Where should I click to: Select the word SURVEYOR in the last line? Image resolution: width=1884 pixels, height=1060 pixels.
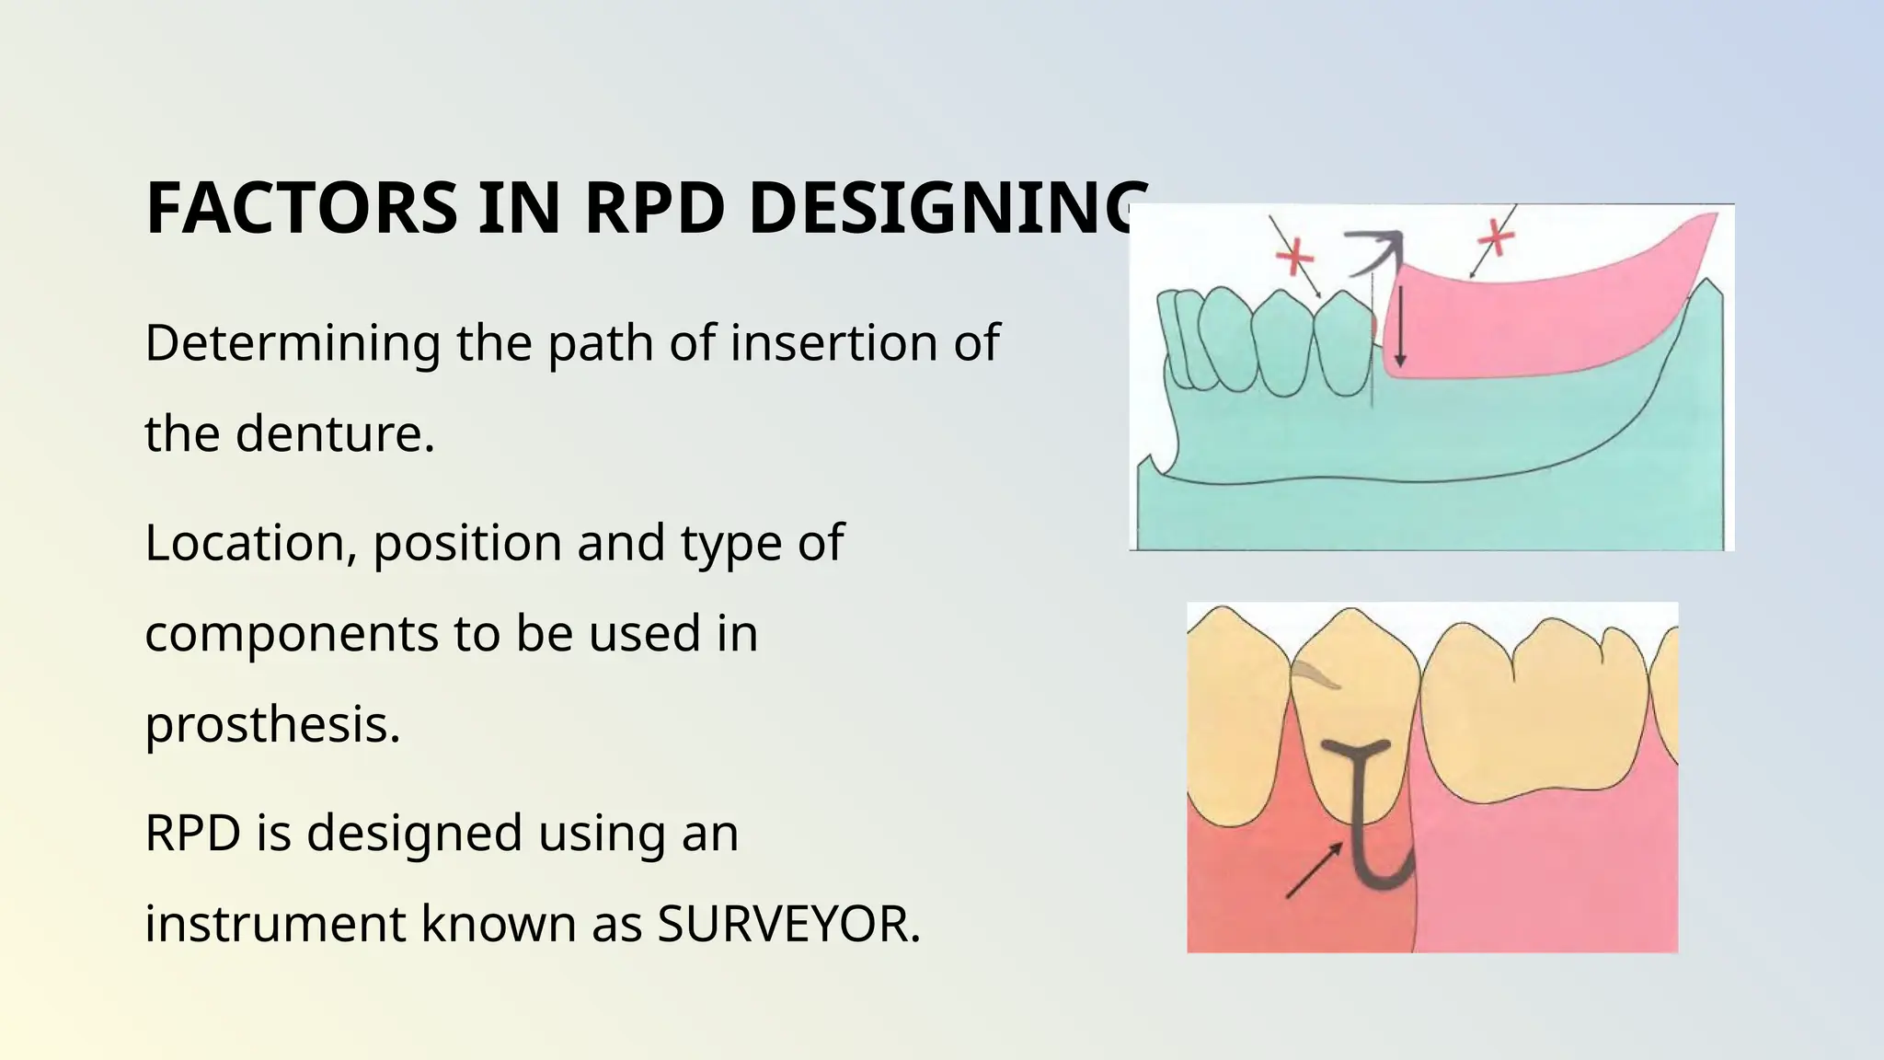coord(787,924)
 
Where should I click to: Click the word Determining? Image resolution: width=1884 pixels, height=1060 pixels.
coord(293,344)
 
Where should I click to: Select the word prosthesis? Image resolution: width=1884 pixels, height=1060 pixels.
coord(272,724)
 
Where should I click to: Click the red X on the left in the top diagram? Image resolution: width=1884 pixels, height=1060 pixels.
coord(1294,257)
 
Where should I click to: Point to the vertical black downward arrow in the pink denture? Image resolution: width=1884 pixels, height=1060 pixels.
coord(1400,327)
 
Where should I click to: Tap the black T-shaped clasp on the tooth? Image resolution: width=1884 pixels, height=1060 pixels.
coord(1358,791)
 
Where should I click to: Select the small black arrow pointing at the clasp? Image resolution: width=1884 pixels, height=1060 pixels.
coord(1314,870)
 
